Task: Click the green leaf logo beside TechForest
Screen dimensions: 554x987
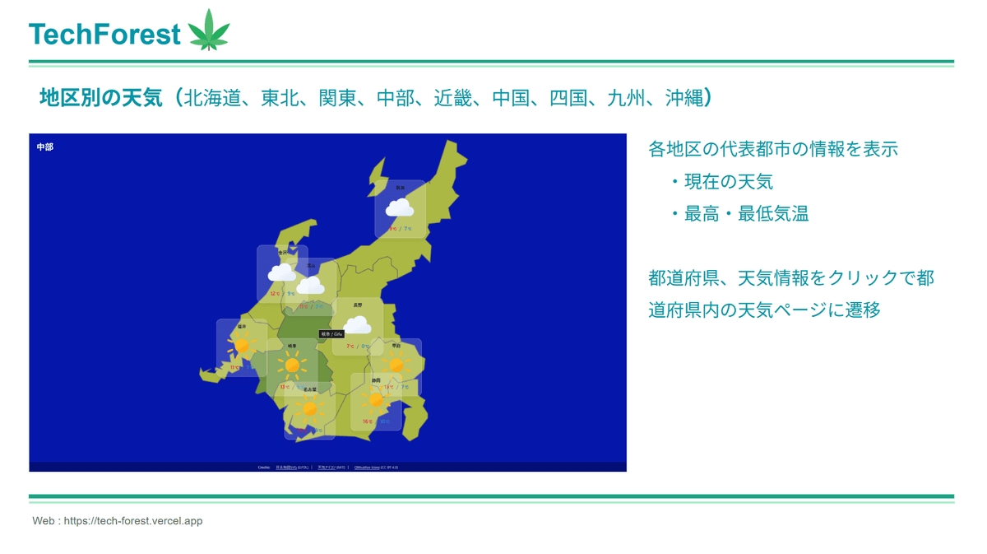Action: click(x=209, y=31)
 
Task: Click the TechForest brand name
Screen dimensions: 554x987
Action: click(x=104, y=34)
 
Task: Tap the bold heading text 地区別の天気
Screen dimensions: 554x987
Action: click(x=101, y=98)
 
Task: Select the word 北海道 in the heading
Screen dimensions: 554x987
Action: click(x=216, y=98)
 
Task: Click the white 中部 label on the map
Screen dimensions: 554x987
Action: click(x=45, y=147)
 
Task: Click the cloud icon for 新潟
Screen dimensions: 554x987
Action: click(x=400, y=208)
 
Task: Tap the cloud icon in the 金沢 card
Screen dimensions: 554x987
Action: click(x=282, y=272)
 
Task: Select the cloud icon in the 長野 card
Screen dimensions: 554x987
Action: click(x=358, y=326)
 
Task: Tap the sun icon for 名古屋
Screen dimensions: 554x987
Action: click(x=309, y=408)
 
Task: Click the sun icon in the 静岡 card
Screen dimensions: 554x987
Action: click(x=376, y=400)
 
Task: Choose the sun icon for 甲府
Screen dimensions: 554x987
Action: click(x=396, y=365)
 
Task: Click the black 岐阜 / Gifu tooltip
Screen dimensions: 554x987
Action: click(x=331, y=334)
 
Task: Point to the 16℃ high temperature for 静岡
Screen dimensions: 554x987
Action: click(x=367, y=421)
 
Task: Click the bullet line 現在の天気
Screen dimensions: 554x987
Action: click(x=728, y=182)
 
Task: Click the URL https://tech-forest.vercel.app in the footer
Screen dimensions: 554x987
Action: click(x=132, y=521)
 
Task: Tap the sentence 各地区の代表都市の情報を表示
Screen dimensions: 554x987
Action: click(x=772, y=149)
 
